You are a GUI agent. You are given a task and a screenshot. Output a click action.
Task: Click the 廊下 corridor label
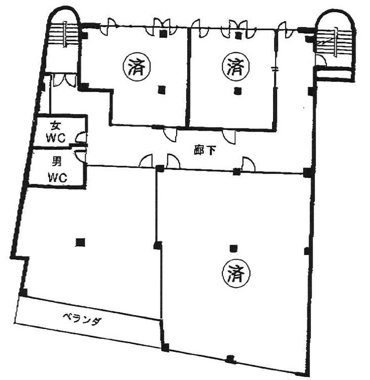[x=205, y=151]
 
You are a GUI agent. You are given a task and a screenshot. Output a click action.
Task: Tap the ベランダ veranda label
[x=82, y=319]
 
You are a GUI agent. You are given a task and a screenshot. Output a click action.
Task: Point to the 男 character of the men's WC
[x=57, y=162]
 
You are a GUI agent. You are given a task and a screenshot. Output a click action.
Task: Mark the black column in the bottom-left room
[x=80, y=242]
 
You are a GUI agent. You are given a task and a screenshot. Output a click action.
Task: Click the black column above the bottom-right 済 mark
[x=233, y=248]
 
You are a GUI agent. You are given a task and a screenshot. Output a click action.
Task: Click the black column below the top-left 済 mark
[x=161, y=90]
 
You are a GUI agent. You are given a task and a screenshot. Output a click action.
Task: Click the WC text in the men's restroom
[x=57, y=178]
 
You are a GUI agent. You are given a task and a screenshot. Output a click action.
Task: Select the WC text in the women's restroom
[x=56, y=138]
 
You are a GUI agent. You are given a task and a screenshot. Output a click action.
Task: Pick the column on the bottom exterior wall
[x=230, y=359]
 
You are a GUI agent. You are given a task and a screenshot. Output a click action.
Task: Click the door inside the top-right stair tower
[x=322, y=61]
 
